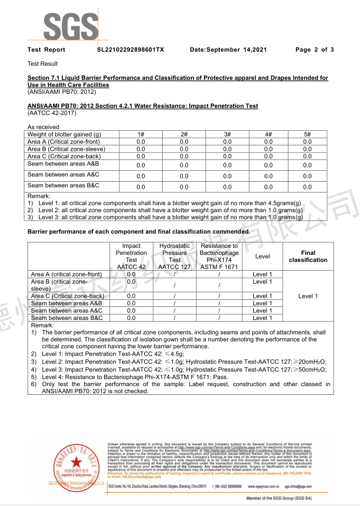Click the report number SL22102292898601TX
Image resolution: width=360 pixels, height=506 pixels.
130,50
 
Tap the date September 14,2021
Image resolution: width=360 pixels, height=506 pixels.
228,50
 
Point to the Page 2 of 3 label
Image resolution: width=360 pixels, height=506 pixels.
314,50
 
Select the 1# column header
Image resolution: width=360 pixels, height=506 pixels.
140,134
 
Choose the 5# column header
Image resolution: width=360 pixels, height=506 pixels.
307,134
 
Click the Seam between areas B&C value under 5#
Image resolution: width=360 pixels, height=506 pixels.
307,187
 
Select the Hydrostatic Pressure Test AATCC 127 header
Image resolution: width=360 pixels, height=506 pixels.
175,257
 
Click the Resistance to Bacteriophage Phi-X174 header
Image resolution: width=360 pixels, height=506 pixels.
219,257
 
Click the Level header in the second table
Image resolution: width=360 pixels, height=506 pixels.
262,257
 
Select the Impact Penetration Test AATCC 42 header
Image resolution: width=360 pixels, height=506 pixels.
131,257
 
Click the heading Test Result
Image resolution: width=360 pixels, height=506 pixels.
42,64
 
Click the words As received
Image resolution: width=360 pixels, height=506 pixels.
43,127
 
